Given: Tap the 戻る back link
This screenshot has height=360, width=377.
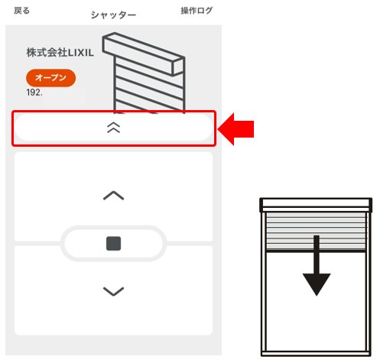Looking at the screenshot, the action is point(22,11).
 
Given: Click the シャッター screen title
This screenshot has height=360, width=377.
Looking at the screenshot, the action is point(113,15).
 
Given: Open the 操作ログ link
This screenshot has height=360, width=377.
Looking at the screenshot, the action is point(197,11).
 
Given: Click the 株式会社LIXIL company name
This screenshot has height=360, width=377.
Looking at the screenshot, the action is point(60,53).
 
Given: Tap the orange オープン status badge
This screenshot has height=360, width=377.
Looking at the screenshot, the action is point(50,78).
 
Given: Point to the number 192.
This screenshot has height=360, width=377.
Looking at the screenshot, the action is point(34,92).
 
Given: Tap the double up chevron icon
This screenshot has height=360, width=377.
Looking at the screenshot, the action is point(113,128).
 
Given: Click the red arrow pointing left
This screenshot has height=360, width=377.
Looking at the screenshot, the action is point(236,129).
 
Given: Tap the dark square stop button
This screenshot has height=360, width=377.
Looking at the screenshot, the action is point(113,243).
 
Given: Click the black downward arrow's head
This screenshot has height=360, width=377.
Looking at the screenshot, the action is point(317,284).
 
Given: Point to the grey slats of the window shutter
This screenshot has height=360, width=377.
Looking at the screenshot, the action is point(316,231).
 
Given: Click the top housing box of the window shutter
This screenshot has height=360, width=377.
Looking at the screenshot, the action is point(316,205).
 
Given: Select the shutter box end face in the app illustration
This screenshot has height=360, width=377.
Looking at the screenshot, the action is point(178,66).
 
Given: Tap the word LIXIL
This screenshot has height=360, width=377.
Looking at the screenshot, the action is point(81,53).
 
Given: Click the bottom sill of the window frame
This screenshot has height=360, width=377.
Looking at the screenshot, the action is point(316,354).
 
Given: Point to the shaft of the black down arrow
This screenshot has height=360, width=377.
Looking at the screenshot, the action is point(317,255).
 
